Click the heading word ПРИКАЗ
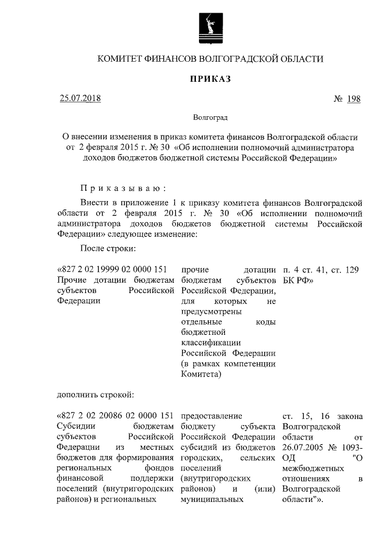tap(211, 79)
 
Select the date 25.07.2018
tap(80, 98)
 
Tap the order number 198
tap(354, 99)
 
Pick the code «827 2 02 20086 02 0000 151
tap(114, 416)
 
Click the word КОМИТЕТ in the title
tap(119, 59)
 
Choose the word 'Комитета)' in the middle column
tap(200, 374)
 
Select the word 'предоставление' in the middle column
tap(211, 416)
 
